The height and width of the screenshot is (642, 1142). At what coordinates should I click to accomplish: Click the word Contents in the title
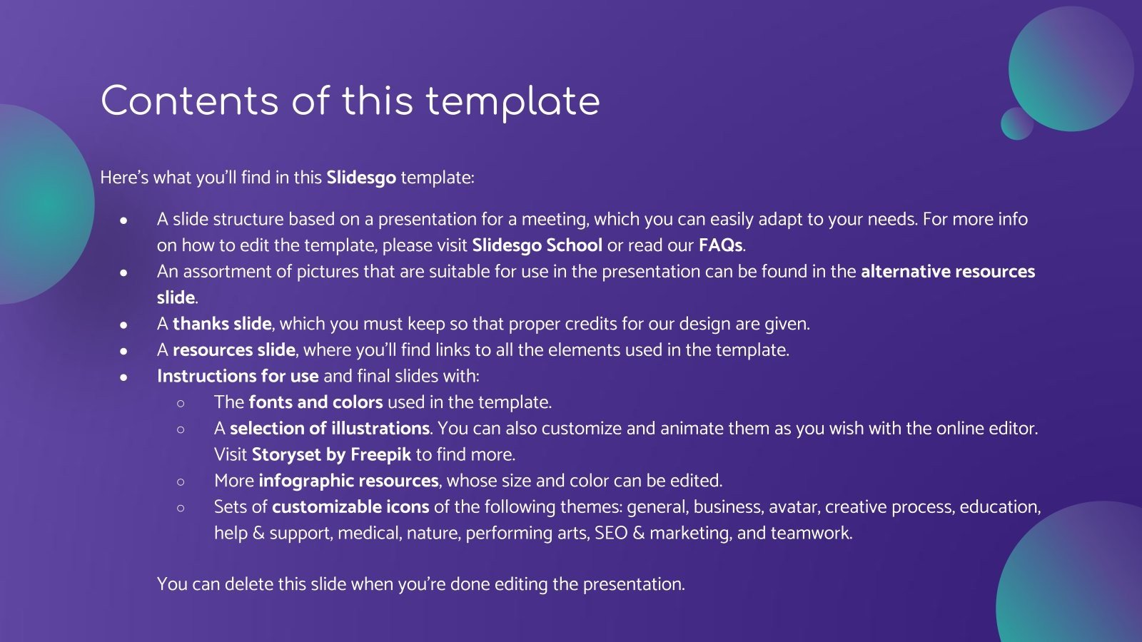click(190, 101)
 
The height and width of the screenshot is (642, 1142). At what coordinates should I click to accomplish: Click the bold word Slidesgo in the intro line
click(361, 178)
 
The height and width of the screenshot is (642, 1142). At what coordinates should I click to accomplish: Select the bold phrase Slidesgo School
click(537, 245)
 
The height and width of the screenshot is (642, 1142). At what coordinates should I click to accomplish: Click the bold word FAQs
click(720, 245)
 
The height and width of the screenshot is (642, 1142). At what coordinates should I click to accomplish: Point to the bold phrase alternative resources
click(947, 272)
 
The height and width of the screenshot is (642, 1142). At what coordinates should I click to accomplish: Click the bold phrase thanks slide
click(222, 324)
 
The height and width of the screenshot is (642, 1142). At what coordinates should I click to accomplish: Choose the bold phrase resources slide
click(234, 350)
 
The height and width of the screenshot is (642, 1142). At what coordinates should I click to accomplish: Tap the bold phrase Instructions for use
click(238, 376)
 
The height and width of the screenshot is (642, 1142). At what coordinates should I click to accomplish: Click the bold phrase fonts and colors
click(315, 402)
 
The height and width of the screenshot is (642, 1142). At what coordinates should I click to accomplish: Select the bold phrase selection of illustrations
click(330, 429)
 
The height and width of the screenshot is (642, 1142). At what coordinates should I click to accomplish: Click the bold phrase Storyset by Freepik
click(331, 454)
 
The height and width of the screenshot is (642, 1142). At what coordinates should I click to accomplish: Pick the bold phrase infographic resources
click(348, 481)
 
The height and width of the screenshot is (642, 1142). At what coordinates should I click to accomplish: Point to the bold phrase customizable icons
click(350, 507)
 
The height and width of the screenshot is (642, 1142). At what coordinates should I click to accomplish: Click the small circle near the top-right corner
click(1016, 123)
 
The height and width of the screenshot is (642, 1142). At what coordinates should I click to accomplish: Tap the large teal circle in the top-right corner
click(1071, 68)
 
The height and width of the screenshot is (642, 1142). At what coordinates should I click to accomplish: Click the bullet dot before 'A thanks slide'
click(124, 325)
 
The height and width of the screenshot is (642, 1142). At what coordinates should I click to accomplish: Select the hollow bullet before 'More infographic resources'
click(181, 481)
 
